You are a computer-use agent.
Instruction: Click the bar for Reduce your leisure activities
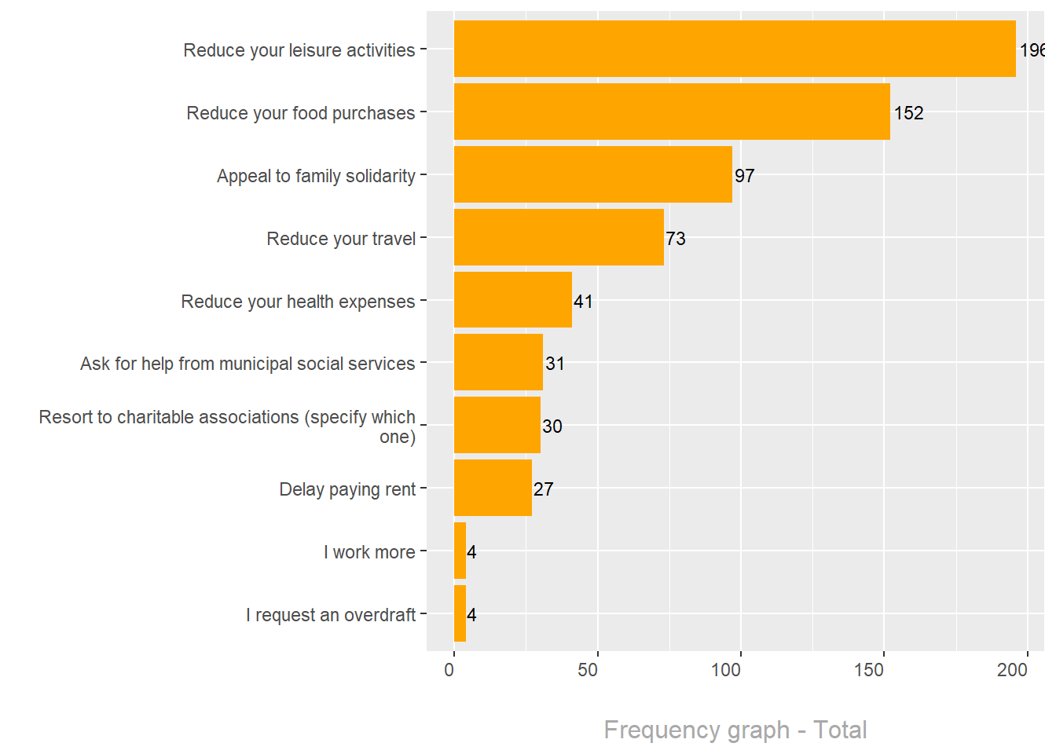(735, 49)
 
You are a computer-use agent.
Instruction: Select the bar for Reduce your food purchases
(672, 112)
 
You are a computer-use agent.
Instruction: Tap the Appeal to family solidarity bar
(593, 174)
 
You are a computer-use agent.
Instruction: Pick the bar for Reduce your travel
(559, 237)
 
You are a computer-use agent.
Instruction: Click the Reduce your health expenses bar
(513, 300)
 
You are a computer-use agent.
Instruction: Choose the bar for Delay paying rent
(493, 488)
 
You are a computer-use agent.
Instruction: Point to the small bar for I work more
(460, 551)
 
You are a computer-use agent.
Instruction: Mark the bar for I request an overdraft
(460, 613)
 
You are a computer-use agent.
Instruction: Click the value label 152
(908, 113)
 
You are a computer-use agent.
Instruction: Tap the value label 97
(744, 176)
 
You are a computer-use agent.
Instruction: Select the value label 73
(676, 239)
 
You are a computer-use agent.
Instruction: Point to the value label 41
(583, 302)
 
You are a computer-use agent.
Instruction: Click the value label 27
(543, 489)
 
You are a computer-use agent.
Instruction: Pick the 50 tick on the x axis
(588, 670)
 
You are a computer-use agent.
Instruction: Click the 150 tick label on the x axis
(869, 670)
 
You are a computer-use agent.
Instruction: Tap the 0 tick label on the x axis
(449, 670)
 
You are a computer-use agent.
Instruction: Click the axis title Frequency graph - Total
(735, 730)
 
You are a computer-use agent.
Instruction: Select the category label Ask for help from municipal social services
(247, 364)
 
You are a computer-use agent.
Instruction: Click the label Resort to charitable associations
(227, 426)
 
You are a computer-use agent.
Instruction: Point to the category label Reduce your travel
(341, 239)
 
